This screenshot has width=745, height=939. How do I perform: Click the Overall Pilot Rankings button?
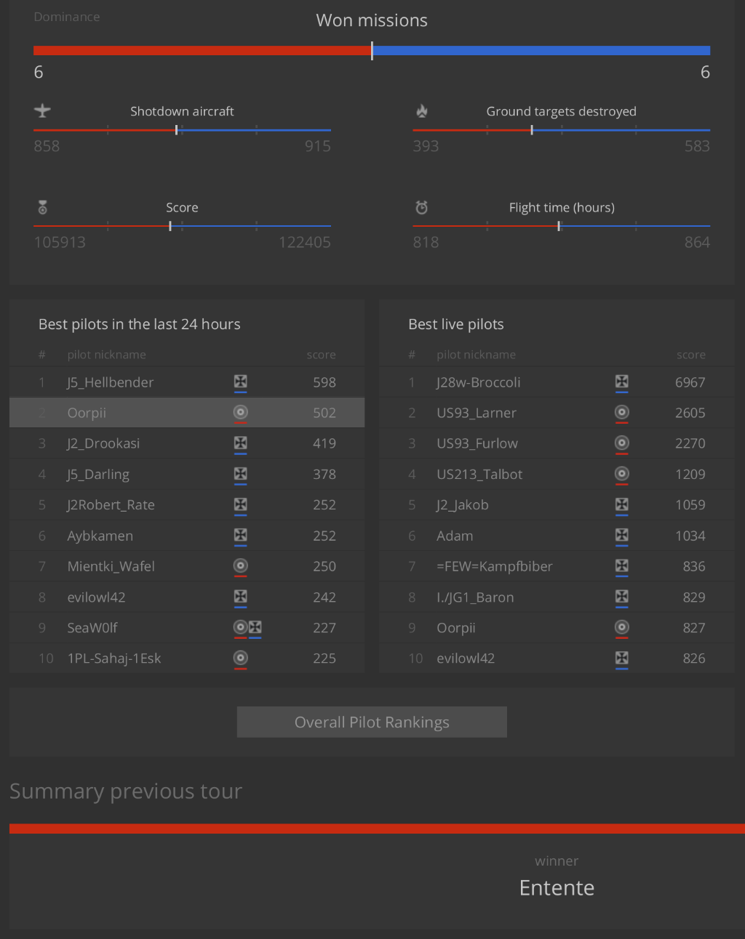(372, 722)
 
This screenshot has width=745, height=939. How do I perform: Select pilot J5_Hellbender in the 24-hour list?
(111, 382)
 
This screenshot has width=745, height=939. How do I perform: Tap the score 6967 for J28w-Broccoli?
(690, 382)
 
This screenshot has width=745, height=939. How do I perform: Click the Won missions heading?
(372, 20)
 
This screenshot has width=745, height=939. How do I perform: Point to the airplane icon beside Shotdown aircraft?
(42, 110)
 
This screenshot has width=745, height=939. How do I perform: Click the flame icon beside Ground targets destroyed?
(422, 110)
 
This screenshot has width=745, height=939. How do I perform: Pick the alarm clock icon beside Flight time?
(421, 207)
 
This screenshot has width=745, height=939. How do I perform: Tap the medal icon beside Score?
(43, 207)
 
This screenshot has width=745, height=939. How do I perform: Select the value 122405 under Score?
(304, 242)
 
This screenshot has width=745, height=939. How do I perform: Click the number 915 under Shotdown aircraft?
(317, 146)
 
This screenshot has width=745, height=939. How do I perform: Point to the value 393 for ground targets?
(426, 146)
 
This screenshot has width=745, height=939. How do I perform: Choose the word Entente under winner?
(557, 887)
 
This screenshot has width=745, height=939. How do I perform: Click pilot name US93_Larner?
(477, 413)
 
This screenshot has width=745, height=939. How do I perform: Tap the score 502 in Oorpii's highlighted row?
(324, 413)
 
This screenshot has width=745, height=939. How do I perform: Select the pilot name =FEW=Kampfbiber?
(495, 566)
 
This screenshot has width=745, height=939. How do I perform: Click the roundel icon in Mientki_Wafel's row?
(241, 565)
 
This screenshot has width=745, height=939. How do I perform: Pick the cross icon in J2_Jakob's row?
(622, 504)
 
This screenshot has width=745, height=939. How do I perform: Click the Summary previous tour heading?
(126, 791)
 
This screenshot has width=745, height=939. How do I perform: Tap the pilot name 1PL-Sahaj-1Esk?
(114, 658)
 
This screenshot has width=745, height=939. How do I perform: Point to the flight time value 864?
(696, 242)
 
